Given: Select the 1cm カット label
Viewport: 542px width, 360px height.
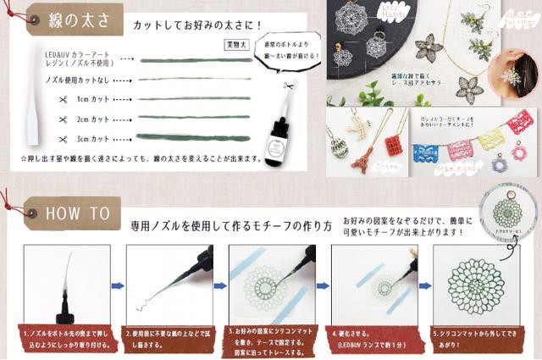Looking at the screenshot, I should pos(92,99).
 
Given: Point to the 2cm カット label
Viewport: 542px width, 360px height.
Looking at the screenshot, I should pos(92,119).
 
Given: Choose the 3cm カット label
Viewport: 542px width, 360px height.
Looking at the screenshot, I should pos(92,137).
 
